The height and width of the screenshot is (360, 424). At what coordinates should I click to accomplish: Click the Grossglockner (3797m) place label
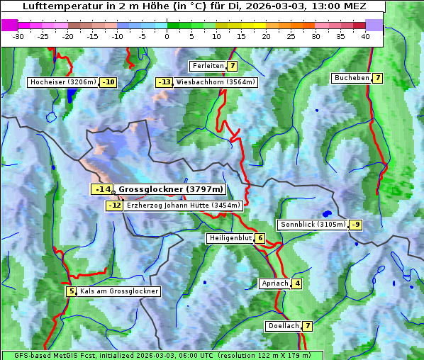tap(171, 189)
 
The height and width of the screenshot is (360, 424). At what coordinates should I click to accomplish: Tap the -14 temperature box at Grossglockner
tap(102, 189)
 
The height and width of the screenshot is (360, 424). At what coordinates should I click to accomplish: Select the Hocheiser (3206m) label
tap(62, 82)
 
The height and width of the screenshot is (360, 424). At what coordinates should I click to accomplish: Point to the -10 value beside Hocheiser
tap(108, 82)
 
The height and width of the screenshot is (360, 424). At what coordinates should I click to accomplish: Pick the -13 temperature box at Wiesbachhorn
tap(164, 82)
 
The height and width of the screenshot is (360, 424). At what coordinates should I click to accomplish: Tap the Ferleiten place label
tap(208, 66)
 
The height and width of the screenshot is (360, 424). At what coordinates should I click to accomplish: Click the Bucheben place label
tap(352, 77)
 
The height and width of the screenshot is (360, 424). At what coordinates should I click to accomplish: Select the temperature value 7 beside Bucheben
tap(378, 77)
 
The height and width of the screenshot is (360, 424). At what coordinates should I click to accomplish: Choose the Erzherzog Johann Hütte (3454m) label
tap(184, 206)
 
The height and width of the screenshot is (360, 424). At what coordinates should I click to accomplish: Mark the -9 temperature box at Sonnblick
tap(356, 225)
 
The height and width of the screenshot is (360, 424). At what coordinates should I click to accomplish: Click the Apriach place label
tap(274, 283)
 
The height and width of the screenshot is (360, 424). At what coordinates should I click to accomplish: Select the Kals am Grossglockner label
tap(119, 291)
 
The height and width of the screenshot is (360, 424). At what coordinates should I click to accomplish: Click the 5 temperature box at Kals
tap(71, 291)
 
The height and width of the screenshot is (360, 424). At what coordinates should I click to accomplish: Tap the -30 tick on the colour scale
tap(18, 35)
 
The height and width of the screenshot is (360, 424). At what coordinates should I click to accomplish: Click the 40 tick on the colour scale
tap(365, 35)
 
